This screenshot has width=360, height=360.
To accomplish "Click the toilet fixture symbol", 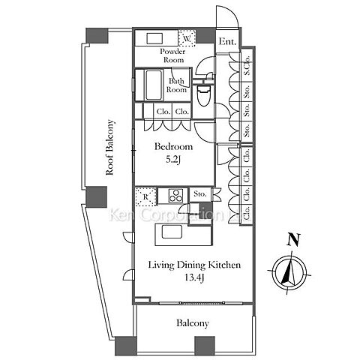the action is (x=202, y=95).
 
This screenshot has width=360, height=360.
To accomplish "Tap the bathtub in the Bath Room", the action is (x=153, y=85).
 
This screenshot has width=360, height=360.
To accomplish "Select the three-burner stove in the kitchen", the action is (x=175, y=196).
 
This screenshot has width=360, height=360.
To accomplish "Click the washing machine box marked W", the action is (x=187, y=38).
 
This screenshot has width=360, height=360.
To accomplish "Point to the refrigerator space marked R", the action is (x=146, y=196).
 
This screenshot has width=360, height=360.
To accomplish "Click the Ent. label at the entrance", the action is (x=227, y=41).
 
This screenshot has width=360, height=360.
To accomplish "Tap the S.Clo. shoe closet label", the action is (x=247, y=66).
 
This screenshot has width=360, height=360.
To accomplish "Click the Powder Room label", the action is (x=173, y=55).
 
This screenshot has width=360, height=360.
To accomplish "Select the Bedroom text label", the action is (x=173, y=146).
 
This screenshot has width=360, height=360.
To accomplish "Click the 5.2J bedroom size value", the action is (x=173, y=160).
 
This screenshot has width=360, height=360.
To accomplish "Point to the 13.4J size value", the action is (x=194, y=277).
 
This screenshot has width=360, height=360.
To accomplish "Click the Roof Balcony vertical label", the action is (x=109, y=148).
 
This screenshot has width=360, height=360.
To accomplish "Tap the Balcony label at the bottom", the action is (x=193, y=323).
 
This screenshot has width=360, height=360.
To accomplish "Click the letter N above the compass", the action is (x=292, y=239).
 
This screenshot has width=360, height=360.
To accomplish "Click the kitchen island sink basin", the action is (x=172, y=232).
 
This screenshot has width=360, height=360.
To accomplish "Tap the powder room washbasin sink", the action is (x=154, y=38).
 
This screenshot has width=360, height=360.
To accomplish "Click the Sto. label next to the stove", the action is (x=200, y=193).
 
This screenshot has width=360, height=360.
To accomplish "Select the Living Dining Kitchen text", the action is (x=194, y=265).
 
